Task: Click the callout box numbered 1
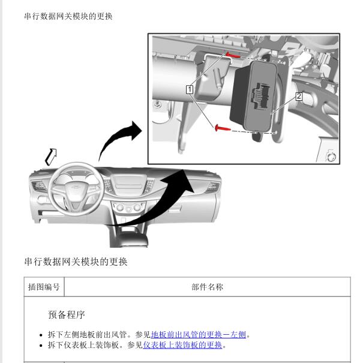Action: (x=190, y=89)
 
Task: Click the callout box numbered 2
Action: (x=299, y=97)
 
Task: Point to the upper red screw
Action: (x=233, y=55)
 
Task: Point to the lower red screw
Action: (x=223, y=128)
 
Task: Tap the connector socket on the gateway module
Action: (x=261, y=95)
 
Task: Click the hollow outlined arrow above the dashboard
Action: (x=51, y=157)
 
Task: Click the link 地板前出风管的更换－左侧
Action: (x=199, y=335)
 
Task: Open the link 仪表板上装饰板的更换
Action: (x=182, y=345)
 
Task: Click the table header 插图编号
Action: (x=44, y=287)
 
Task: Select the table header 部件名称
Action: (x=207, y=287)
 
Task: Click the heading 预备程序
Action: (x=67, y=314)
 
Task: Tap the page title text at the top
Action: (x=68, y=16)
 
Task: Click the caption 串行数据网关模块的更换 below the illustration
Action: (x=76, y=262)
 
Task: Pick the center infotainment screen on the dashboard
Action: (x=129, y=183)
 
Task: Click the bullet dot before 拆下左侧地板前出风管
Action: (x=41, y=335)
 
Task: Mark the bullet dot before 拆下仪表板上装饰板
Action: (x=41, y=346)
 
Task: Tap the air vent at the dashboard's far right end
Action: (x=212, y=187)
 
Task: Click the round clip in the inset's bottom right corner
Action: (x=331, y=157)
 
